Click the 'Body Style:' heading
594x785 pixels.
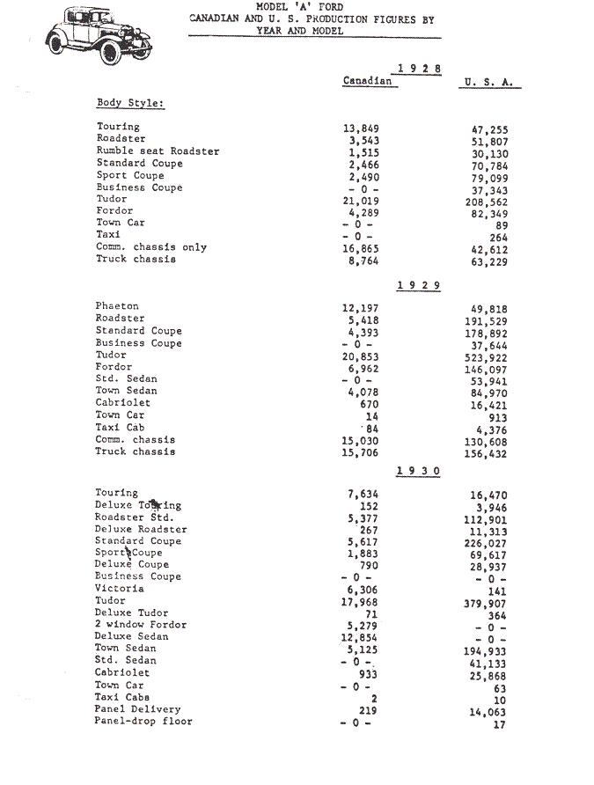[130, 103]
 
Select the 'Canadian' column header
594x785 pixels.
[367, 81]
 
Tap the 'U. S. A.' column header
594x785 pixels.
[488, 83]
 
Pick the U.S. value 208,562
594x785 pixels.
[488, 202]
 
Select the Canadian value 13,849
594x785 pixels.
[361, 128]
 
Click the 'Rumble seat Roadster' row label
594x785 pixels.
[158, 151]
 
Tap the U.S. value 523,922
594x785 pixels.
[488, 358]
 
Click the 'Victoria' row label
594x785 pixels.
[120, 588]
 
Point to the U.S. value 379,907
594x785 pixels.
[488, 604]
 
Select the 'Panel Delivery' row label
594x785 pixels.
[138, 708]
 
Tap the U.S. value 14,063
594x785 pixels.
[488, 713]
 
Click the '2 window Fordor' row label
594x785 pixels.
[141, 624]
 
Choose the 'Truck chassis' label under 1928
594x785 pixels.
[136, 259]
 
